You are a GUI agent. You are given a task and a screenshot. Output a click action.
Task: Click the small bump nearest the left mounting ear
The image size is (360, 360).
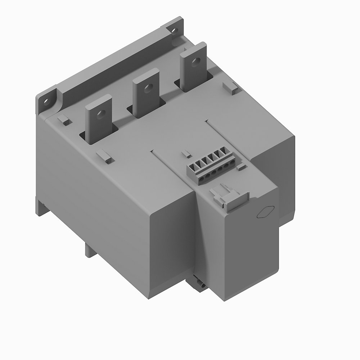(x=64, y=120)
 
